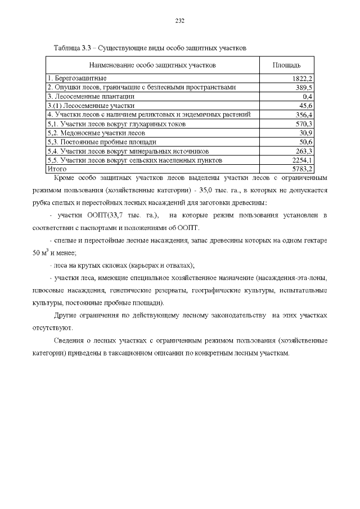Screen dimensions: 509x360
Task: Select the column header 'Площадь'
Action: coord(286,66)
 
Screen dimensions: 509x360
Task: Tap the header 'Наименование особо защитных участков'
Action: coord(152,66)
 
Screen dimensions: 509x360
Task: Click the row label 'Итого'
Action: coord(57,169)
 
